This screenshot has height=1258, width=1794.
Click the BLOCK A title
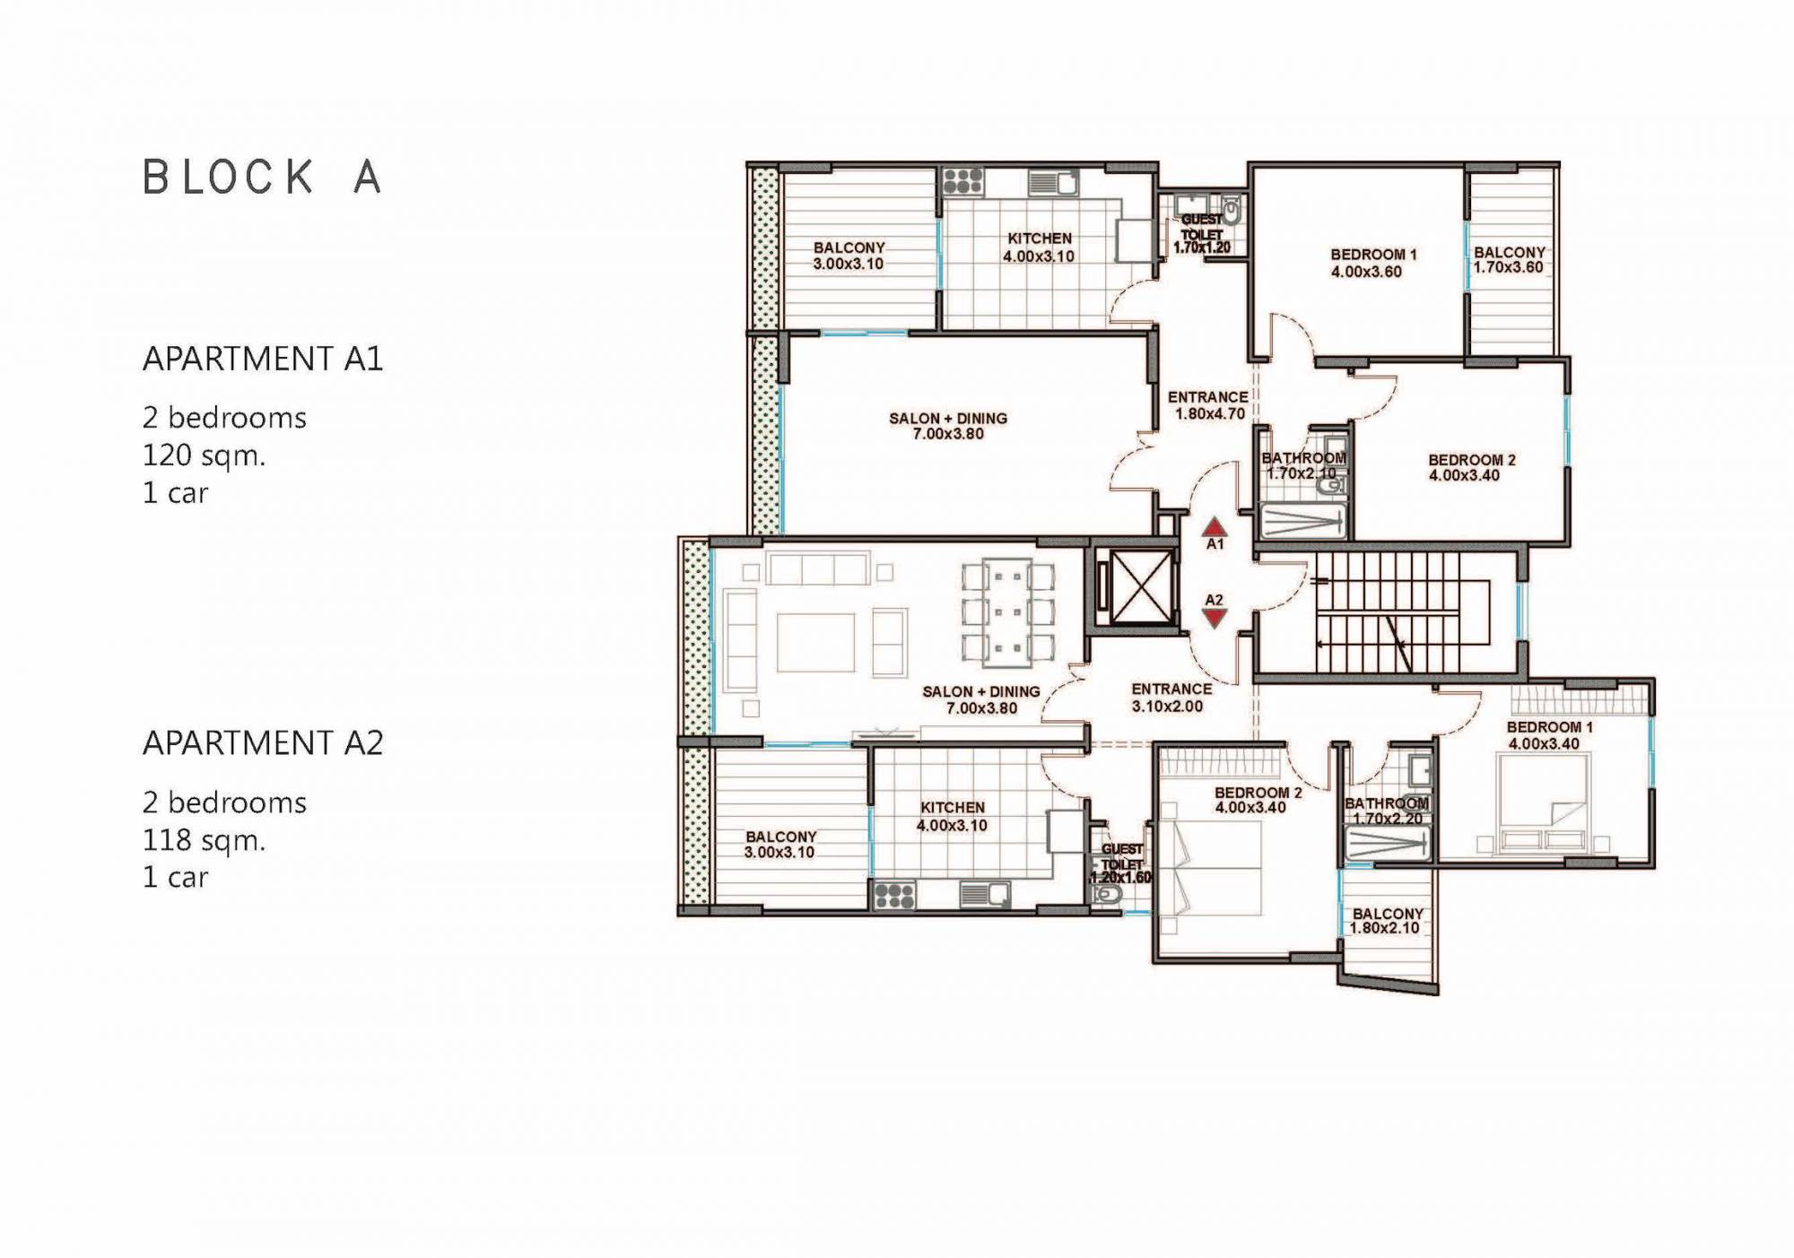263,177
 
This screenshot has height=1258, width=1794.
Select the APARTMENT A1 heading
263,359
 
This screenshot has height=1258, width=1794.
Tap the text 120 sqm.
205,455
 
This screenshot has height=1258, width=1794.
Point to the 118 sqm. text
205,840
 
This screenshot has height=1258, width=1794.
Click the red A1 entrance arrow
1214,526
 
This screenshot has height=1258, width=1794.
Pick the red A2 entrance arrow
1215,617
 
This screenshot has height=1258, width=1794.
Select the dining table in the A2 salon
1007,613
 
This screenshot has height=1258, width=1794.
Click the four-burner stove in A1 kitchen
963,181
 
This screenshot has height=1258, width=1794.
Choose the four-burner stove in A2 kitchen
893,895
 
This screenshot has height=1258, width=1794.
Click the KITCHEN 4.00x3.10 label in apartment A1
1039,247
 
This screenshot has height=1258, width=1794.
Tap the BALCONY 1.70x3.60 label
1509,260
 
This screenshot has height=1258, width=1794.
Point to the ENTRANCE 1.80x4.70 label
1208,405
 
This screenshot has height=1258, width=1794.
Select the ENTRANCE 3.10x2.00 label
1171,698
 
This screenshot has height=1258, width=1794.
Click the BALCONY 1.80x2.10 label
1387,921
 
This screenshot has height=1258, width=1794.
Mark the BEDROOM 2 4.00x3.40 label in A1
1471,468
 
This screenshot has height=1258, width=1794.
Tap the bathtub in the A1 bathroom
1302,521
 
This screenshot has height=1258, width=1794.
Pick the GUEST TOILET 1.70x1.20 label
1202,233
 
